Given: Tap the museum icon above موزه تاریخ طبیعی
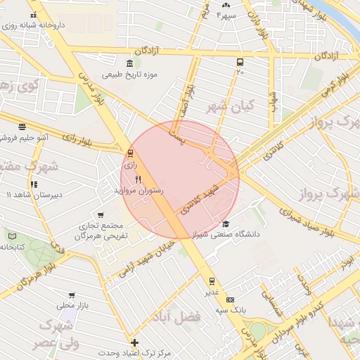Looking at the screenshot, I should tap(129, 64).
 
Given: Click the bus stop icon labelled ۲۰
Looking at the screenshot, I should tap(240, 62).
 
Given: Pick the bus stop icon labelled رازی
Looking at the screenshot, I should tap(130, 154).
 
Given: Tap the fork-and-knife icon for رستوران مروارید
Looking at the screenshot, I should tap(138, 180).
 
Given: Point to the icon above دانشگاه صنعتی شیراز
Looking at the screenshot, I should tap(226, 223).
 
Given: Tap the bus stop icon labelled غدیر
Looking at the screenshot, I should tap(212, 281).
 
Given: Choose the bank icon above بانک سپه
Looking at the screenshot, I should tap(229, 300).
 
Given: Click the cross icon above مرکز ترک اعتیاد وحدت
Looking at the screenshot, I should tap(135, 342).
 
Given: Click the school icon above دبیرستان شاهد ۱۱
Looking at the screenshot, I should tap(33, 184).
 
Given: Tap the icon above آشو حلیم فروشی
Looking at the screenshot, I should tap(22, 127).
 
